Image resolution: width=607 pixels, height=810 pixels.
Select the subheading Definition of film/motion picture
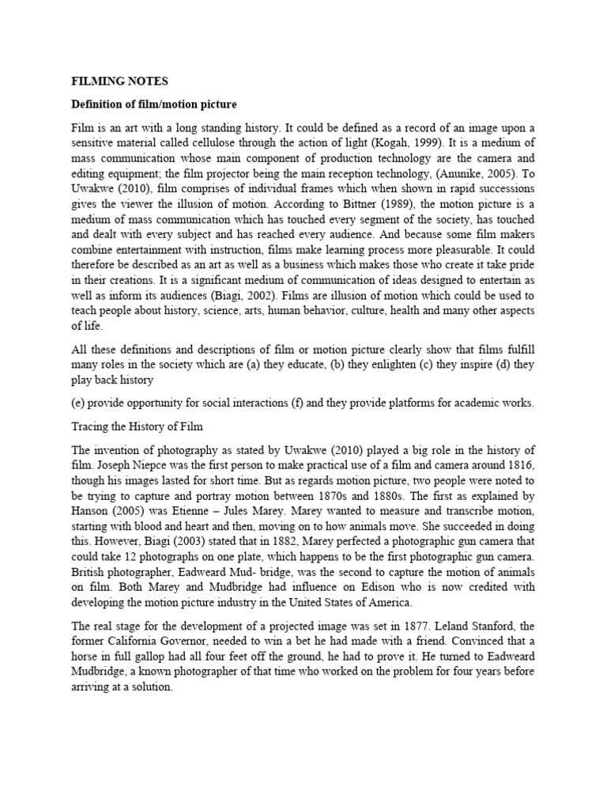click(154, 104)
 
